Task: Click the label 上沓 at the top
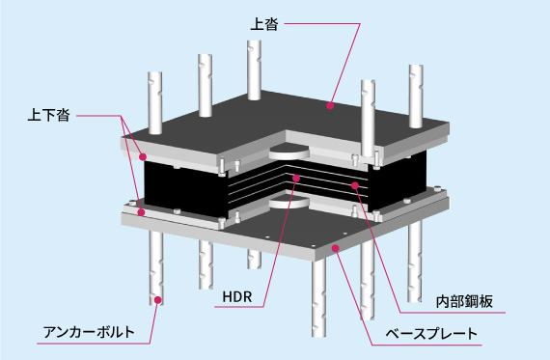[264, 24]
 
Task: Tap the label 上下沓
[48, 116]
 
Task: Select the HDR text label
[237, 297]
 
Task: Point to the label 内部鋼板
[464, 302]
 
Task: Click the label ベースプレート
[431, 333]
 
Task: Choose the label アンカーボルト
[89, 332]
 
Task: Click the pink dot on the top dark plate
[330, 105]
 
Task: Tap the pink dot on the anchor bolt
[158, 300]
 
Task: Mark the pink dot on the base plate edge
[336, 248]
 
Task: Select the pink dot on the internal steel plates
[355, 185]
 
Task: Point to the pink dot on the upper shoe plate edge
[143, 157]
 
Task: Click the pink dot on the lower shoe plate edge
[141, 212]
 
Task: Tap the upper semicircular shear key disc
[289, 153]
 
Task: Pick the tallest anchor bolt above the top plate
[254, 69]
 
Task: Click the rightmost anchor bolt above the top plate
[416, 97]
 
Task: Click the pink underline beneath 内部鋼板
[453, 312]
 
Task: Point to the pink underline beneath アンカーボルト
[94, 344]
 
